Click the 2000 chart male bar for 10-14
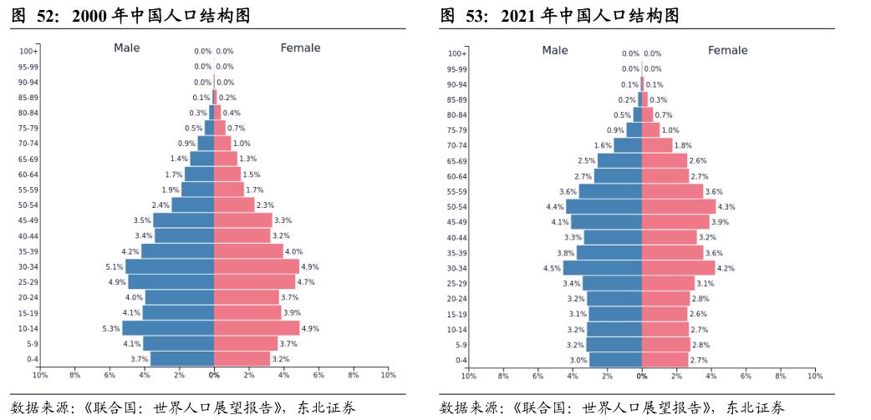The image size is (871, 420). click(x=168, y=328)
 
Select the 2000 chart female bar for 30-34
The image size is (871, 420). click(x=256, y=266)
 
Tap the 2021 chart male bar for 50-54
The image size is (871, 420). click(x=604, y=206)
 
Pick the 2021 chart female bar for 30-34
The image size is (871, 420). click(x=678, y=268)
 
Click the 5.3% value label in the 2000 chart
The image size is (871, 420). click(x=111, y=329)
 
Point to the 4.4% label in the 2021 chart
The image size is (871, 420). click(x=555, y=207)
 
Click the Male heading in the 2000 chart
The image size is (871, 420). click(x=127, y=48)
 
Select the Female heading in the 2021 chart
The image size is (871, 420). click(x=727, y=50)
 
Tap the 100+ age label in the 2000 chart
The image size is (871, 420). click(x=28, y=52)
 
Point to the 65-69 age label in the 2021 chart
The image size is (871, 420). click(x=456, y=161)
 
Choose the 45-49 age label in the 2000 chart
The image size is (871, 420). click(x=28, y=220)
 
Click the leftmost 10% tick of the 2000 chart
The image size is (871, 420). click(x=39, y=376)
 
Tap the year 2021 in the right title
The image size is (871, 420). click(x=519, y=16)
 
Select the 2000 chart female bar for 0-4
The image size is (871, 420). click(x=242, y=358)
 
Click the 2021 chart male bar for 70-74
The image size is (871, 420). click(x=628, y=145)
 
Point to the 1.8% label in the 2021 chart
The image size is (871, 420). click(x=683, y=145)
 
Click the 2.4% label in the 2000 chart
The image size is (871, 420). click(x=160, y=205)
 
